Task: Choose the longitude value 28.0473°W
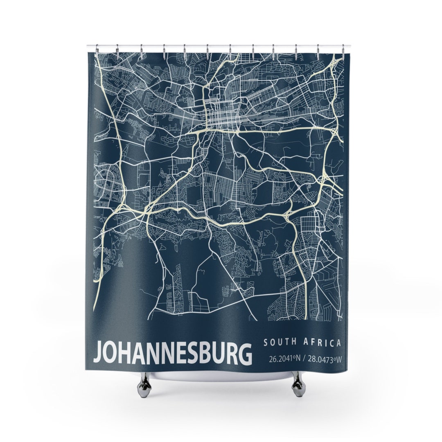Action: click(324, 359)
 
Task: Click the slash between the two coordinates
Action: click(304, 359)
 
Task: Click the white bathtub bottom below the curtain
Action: click(221, 377)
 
